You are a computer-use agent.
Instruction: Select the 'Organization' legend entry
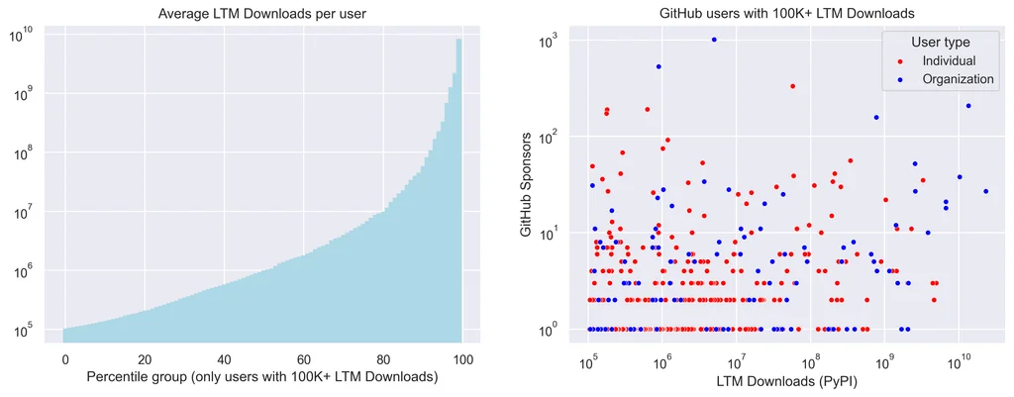click(958, 79)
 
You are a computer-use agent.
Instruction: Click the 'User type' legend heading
click(941, 43)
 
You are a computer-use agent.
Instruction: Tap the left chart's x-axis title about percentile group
click(262, 377)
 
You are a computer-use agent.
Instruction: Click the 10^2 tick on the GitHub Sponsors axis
click(548, 136)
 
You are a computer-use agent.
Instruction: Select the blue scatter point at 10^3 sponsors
click(714, 40)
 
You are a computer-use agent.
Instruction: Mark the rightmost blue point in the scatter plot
click(986, 191)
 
